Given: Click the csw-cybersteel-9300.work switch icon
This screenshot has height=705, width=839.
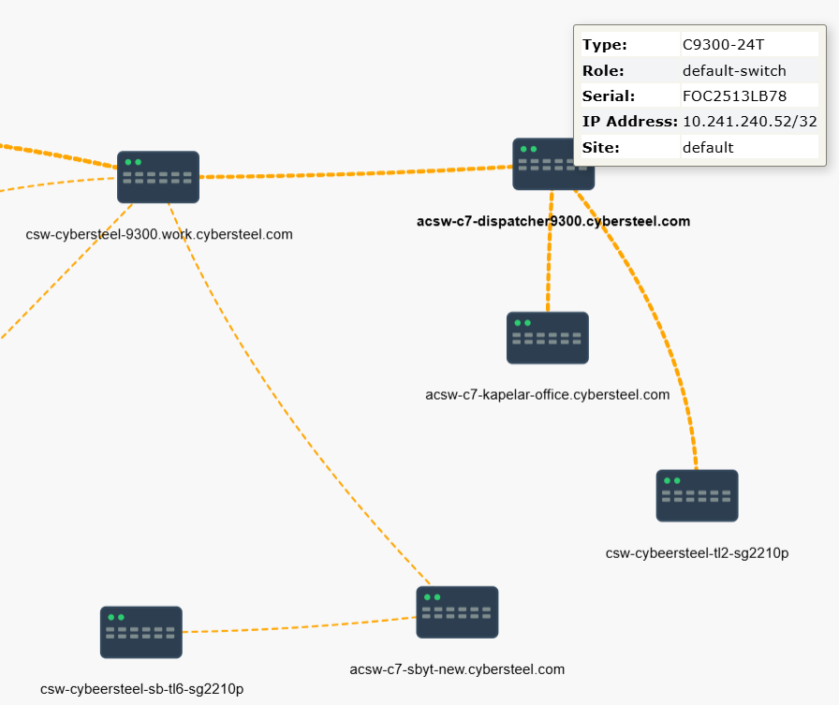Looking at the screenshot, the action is (x=158, y=177).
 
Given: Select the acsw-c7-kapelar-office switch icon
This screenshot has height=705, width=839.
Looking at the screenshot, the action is (x=548, y=338).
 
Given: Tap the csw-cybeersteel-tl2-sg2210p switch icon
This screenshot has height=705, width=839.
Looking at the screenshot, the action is (x=698, y=496).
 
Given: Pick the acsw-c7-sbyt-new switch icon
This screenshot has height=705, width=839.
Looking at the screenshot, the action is (x=458, y=612).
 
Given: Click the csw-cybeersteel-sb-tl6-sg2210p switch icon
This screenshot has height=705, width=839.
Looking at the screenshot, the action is (x=141, y=632).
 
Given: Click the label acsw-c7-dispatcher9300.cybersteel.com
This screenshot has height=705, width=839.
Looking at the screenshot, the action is (x=553, y=222).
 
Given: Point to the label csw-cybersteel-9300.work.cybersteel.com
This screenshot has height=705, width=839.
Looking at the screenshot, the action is (x=159, y=234).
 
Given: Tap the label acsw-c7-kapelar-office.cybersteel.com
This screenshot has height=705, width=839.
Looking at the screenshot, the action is (x=548, y=395).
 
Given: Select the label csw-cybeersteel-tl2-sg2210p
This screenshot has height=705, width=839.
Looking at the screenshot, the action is (x=698, y=553).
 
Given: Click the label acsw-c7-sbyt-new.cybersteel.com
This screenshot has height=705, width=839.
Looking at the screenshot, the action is (x=457, y=669).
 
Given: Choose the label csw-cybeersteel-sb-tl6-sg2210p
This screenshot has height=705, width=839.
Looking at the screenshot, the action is (x=141, y=689).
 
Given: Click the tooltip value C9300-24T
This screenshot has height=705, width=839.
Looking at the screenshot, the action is (x=724, y=44).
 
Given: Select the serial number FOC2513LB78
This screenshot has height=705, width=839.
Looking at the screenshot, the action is (x=735, y=96).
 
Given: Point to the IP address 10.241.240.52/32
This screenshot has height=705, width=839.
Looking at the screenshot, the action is (x=750, y=122).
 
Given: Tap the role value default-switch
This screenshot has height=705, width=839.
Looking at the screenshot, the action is (x=735, y=70).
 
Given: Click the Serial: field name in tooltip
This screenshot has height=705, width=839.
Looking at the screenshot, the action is (x=609, y=96).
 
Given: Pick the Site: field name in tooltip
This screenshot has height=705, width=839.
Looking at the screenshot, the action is (x=601, y=148).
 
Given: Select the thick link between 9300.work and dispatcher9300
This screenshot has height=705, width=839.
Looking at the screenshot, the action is (x=356, y=173).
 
